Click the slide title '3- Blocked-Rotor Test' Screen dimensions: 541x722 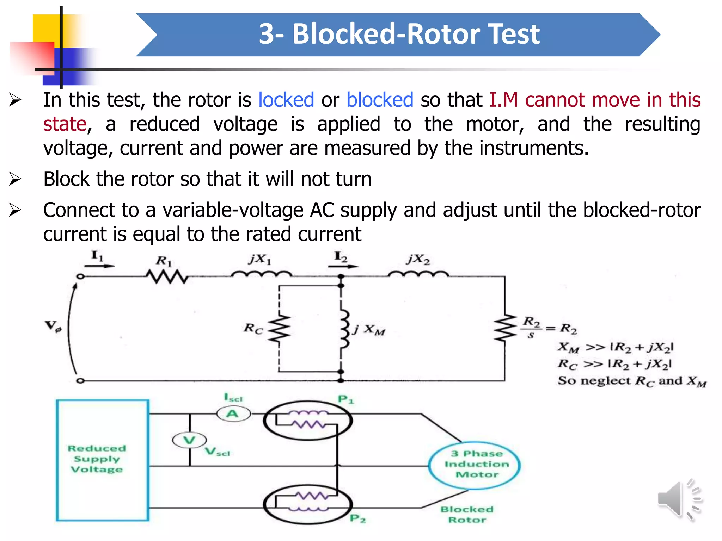click(x=399, y=34)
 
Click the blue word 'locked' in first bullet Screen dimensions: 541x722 click(x=286, y=100)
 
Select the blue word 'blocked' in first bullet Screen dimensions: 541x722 click(x=380, y=100)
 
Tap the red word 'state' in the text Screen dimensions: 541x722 click(x=65, y=124)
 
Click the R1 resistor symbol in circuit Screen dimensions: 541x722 click(x=167, y=276)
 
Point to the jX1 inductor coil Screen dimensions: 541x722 click(x=261, y=274)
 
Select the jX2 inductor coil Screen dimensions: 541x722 click(x=418, y=274)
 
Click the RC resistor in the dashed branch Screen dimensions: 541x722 click(x=279, y=329)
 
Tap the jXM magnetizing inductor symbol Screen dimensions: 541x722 click(x=344, y=329)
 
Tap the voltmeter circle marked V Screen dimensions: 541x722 click(x=189, y=440)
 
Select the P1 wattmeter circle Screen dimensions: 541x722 click(x=307, y=420)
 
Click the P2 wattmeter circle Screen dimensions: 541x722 click(x=307, y=504)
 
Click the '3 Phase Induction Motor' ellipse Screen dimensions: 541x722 click(x=475, y=465)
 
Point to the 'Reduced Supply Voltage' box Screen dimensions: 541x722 click(x=102, y=460)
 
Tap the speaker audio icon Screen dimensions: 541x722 click(x=678, y=499)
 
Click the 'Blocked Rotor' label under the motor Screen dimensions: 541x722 click(x=467, y=514)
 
